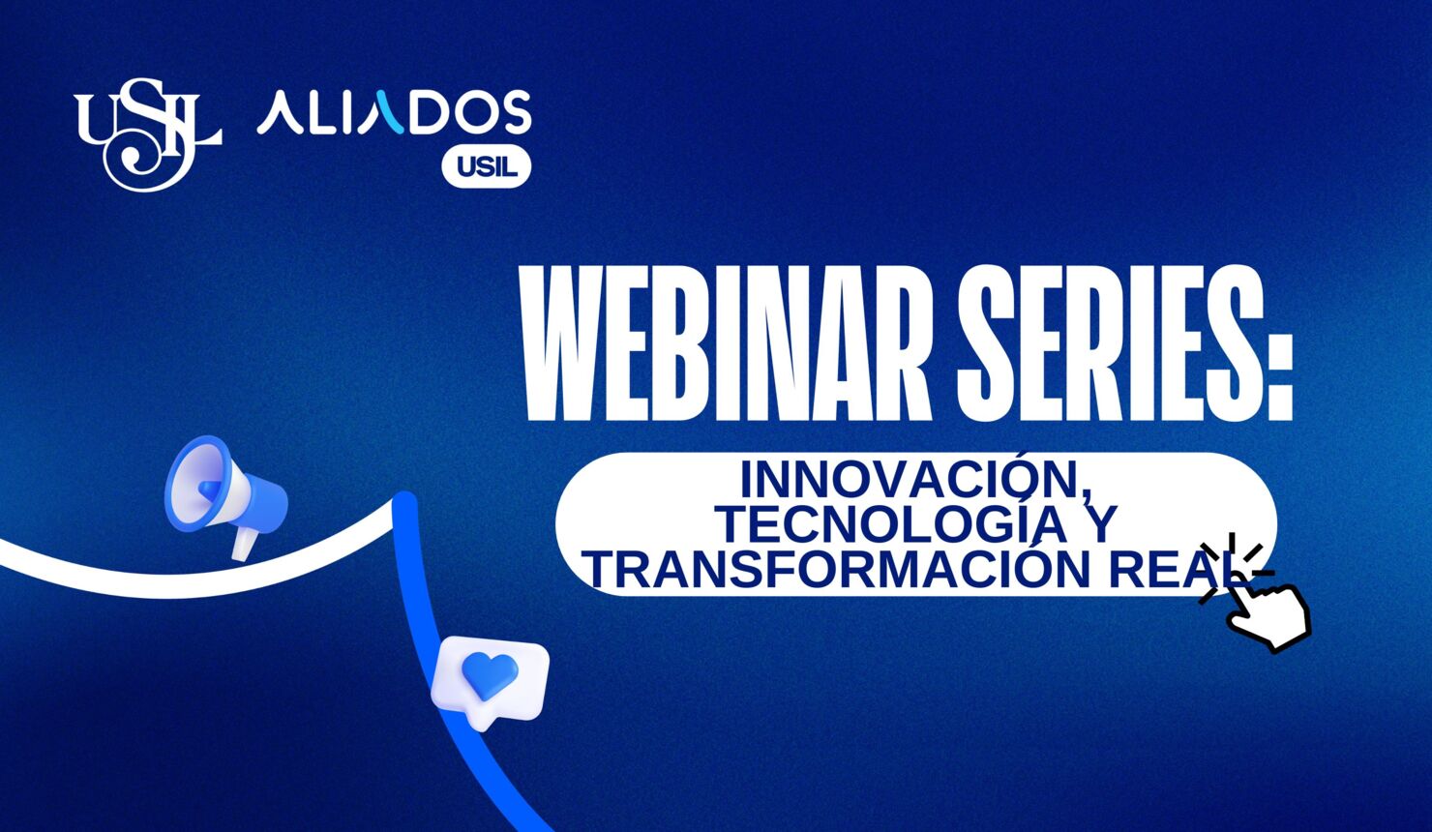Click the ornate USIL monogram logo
click(148, 134)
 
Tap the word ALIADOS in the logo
click(394, 112)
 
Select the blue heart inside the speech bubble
click(490, 674)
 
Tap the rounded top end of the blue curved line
click(404, 504)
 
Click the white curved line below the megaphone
click(145, 580)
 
